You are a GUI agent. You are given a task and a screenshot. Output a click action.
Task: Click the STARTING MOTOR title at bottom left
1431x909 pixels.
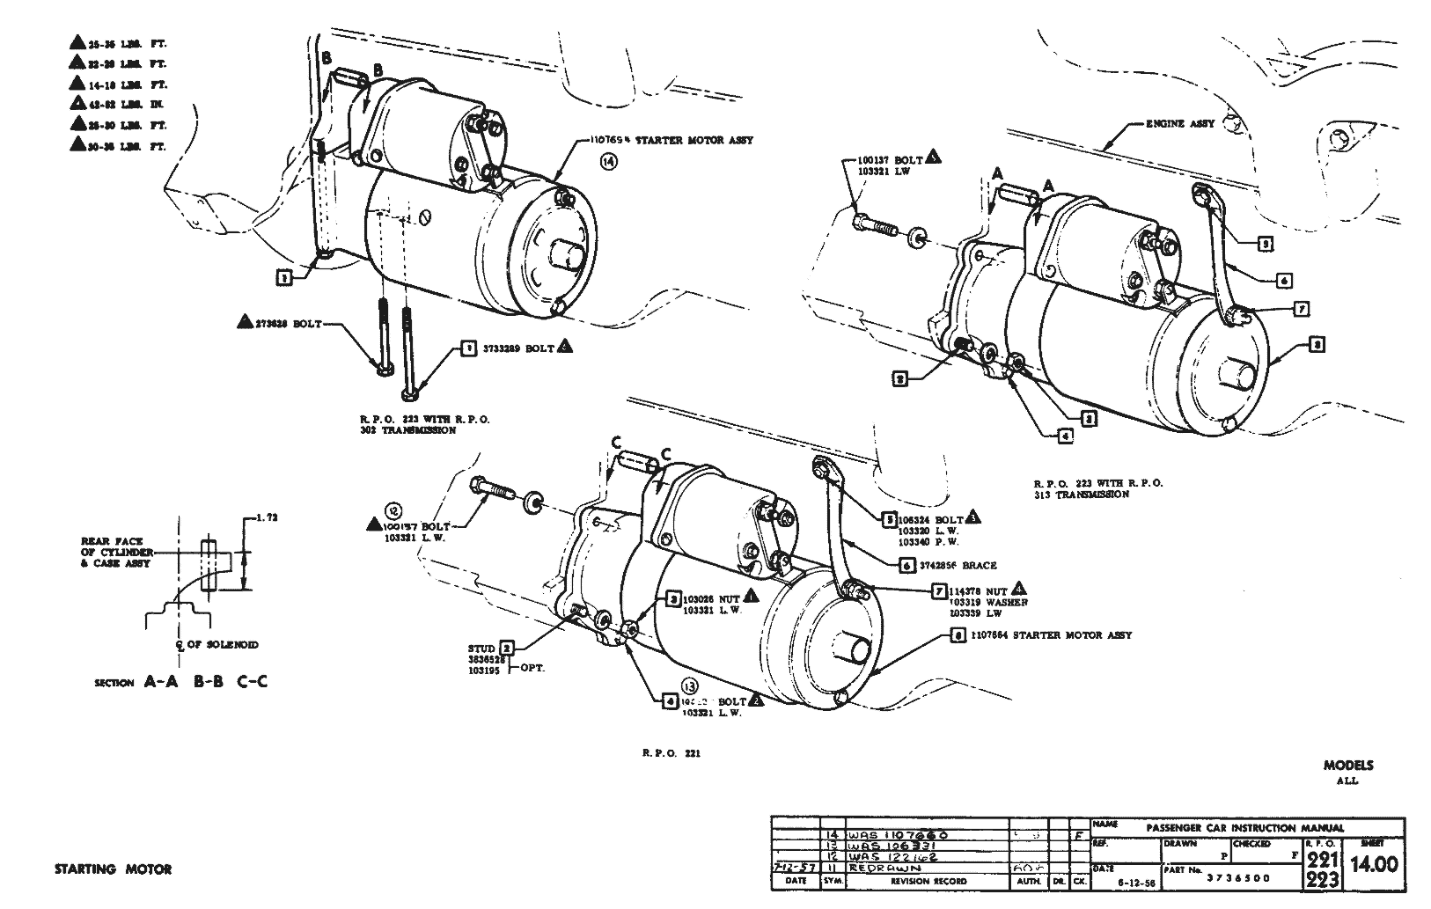pos(113,869)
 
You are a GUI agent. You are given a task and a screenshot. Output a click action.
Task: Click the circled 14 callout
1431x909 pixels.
pos(610,160)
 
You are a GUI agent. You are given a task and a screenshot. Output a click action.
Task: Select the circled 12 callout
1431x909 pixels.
pos(393,509)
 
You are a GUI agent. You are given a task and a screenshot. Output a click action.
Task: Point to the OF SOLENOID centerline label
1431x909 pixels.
pos(222,645)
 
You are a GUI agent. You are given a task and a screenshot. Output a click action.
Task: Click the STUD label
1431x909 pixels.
pos(482,649)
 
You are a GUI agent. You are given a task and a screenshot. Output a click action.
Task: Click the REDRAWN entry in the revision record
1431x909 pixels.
pos(876,868)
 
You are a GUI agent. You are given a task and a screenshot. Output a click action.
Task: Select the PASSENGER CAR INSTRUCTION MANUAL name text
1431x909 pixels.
pos(1245,828)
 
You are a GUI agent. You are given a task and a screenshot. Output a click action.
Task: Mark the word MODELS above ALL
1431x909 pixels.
pos(1347,766)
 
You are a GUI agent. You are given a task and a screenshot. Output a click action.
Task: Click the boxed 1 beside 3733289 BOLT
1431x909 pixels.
pos(468,349)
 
